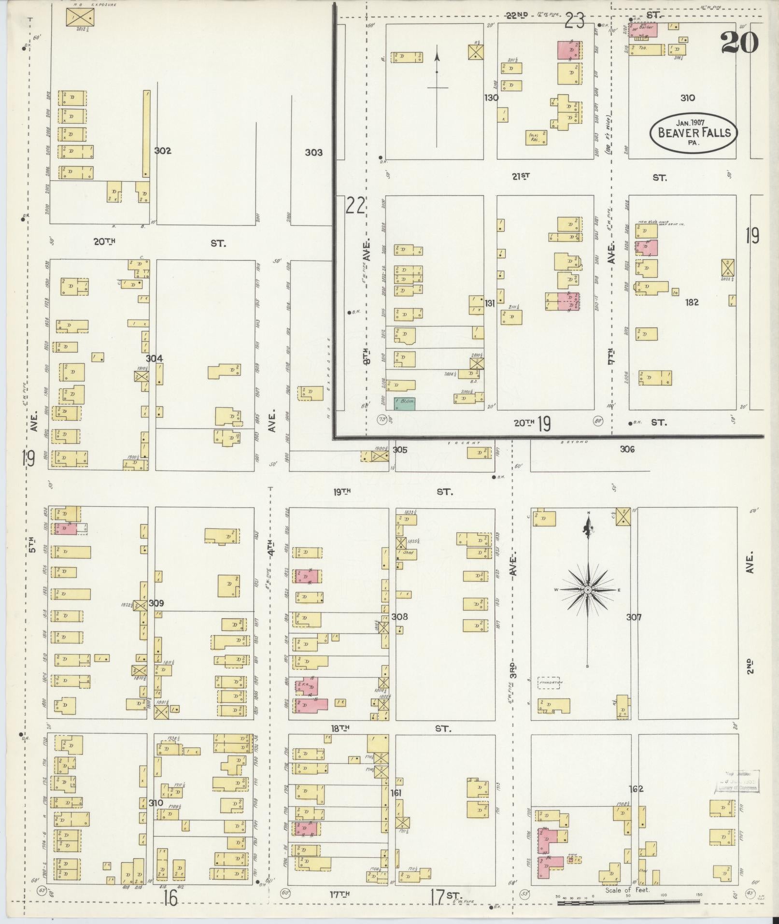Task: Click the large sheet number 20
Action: (739, 43)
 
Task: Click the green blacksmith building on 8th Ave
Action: (405, 404)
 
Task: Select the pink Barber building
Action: (643, 30)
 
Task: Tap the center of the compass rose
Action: (588, 590)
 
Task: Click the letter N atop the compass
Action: (588, 512)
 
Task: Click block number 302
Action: (163, 151)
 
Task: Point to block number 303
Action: (313, 153)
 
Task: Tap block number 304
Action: (155, 358)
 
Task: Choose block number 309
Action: (156, 603)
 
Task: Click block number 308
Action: (400, 616)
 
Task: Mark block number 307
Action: (634, 617)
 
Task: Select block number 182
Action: (692, 302)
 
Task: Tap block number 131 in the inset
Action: (490, 303)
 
